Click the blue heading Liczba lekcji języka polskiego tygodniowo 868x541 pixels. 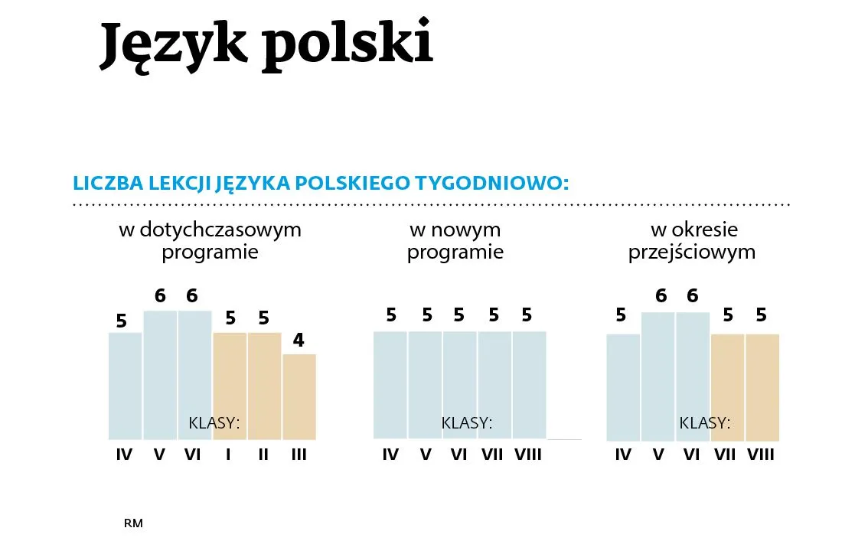pyautogui.click(x=321, y=184)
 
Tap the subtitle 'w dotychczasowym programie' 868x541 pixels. pyautogui.click(x=210, y=241)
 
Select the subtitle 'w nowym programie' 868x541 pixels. pyautogui.click(x=455, y=241)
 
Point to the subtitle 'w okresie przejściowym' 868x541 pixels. pyautogui.click(x=692, y=241)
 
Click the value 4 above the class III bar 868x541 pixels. pyautogui.click(x=299, y=340)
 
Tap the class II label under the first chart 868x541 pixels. pyautogui.click(x=263, y=455)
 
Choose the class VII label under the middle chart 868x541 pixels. pyautogui.click(x=492, y=455)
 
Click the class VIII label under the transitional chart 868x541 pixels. pyautogui.click(x=761, y=455)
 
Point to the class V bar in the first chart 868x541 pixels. pyautogui.click(x=160, y=375)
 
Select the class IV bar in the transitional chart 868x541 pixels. pyautogui.click(x=623, y=386)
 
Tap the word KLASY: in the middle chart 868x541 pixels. pyautogui.click(x=466, y=423)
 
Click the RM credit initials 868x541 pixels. pyautogui.click(x=133, y=523)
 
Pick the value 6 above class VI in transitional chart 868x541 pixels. pyautogui.click(x=692, y=295)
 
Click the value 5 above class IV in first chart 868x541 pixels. pyautogui.click(x=122, y=321)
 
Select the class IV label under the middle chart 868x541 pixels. pyautogui.click(x=390, y=455)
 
